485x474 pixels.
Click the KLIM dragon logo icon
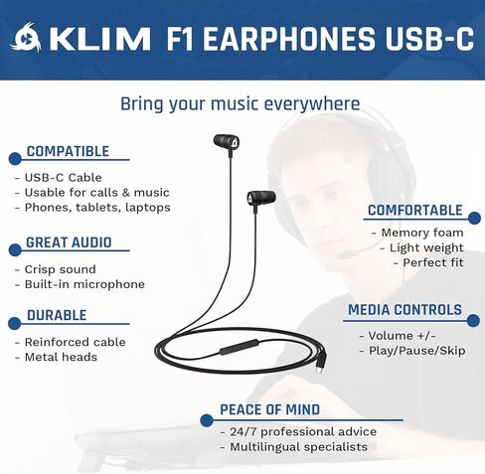point(26,38)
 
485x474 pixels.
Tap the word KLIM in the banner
point(99,40)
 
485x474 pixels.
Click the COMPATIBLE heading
point(68,151)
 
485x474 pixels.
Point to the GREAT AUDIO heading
point(69,242)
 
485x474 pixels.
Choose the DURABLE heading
point(57,315)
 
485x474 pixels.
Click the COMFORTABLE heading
point(415,211)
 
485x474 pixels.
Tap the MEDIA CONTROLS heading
point(404,310)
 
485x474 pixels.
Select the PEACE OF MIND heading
point(269,409)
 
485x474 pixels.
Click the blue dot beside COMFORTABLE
point(474,219)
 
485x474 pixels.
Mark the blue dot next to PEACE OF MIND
point(207,420)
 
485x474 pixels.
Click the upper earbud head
point(227,141)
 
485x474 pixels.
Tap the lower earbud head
point(261,198)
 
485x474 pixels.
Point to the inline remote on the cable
point(239,348)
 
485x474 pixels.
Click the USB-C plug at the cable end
point(320,366)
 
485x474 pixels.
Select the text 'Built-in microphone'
point(84,284)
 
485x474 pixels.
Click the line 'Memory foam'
point(422,233)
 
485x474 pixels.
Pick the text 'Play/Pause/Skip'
point(417,351)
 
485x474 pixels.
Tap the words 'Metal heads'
point(61,357)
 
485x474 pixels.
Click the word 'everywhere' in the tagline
point(312,104)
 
